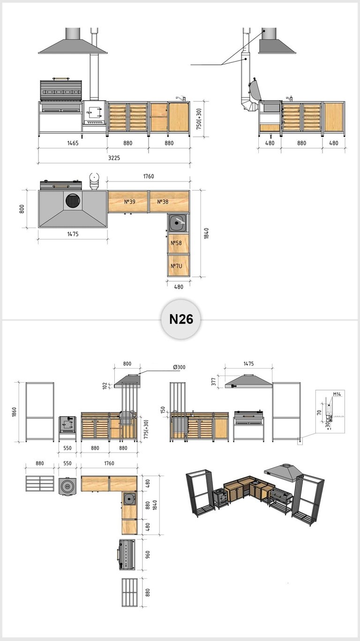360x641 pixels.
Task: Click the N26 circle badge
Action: (181, 319)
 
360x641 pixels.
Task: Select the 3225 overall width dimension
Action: (114, 158)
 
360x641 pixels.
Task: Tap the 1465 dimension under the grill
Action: (73, 143)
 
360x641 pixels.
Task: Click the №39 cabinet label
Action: (130, 202)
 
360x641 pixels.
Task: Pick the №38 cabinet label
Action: (163, 202)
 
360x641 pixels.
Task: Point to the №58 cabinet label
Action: (176, 243)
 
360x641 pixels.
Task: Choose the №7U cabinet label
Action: (176, 266)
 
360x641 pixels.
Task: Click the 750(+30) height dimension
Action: (199, 119)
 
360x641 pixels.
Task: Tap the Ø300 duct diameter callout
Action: (179, 367)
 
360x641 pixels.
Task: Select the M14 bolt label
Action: (337, 394)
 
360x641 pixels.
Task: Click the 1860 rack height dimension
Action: (15, 412)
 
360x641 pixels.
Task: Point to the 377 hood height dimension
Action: (213, 382)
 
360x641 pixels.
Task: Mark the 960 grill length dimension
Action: (148, 555)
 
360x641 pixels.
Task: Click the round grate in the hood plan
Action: (74, 200)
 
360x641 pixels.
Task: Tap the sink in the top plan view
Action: (178, 223)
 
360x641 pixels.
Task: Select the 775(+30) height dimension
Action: (146, 430)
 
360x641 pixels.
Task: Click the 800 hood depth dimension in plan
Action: (22, 209)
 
